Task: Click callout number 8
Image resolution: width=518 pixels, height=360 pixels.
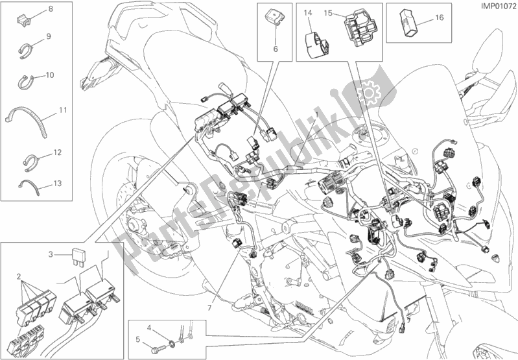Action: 51,8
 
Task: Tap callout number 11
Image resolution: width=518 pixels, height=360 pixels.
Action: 62,110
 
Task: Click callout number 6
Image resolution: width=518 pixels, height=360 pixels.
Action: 274,50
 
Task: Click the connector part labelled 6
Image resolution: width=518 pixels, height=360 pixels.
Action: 271,19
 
